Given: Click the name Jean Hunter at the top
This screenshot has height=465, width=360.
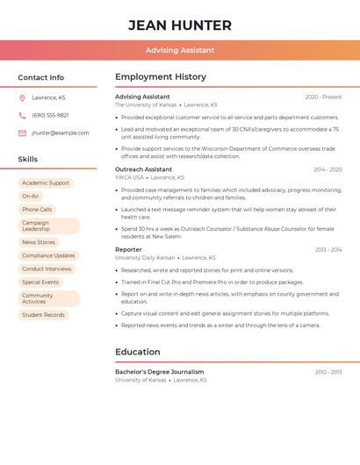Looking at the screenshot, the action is pyautogui.click(x=180, y=25).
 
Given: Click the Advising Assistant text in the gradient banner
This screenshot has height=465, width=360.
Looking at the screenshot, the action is pyautogui.click(x=180, y=50).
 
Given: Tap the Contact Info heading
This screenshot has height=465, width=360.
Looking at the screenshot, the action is pyautogui.click(x=40, y=77).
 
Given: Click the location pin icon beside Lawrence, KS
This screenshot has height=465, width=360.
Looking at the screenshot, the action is pyautogui.click(x=22, y=97).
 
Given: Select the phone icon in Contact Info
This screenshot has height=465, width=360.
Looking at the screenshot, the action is pyautogui.click(x=22, y=115).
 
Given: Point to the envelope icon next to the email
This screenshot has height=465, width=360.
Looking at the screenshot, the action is pyautogui.click(x=22, y=133).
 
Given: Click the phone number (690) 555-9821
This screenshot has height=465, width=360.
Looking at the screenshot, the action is pyautogui.click(x=50, y=115).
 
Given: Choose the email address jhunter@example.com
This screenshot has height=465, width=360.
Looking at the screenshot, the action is pyautogui.click(x=61, y=133).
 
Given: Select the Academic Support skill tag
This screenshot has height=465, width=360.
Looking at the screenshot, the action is pyautogui.click(x=46, y=183).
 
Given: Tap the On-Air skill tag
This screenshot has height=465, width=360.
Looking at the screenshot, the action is pyautogui.click(x=31, y=197).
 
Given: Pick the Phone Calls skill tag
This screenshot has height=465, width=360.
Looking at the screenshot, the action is pyautogui.click(x=37, y=210).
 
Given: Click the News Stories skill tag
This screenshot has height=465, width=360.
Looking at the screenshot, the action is pyautogui.click(x=39, y=242).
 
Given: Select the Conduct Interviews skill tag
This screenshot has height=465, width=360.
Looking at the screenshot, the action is pyautogui.click(x=47, y=268).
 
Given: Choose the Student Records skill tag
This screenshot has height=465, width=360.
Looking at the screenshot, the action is pyautogui.click(x=43, y=315).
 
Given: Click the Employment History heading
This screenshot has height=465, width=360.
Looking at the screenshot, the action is pyautogui.click(x=161, y=77).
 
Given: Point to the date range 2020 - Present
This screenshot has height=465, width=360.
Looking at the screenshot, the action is pyautogui.click(x=323, y=97).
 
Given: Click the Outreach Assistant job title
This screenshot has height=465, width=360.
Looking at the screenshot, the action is pyautogui.click(x=143, y=169).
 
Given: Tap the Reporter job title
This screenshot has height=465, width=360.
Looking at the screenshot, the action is pyautogui.click(x=128, y=250).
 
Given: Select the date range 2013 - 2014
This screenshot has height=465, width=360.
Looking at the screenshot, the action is pyautogui.click(x=328, y=250).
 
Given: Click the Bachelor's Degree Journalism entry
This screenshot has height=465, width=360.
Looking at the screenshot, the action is pyautogui.click(x=159, y=372).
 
